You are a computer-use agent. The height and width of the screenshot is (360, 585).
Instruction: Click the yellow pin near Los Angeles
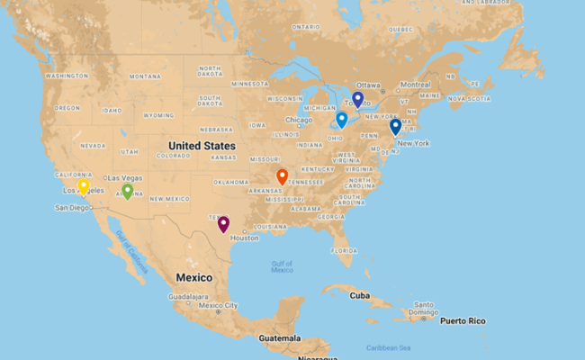pos(84,186)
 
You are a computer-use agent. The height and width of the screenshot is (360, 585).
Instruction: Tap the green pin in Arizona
pos(127,191)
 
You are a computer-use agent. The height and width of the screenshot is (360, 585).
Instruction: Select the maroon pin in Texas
pos(223,223)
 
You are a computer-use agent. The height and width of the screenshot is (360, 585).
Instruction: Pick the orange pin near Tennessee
pos(283,176)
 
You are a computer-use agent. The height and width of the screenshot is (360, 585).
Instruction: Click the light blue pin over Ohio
pos(342,119)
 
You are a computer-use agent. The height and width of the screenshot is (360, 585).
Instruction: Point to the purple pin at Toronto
pos(357,98)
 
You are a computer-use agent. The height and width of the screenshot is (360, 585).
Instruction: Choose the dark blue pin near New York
pos(395,127)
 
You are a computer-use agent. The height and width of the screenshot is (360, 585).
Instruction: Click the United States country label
pos(202,145)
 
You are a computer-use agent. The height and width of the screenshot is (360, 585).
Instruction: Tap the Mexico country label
pos(193,277)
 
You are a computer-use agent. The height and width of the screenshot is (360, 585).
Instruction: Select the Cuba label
pos(360,295)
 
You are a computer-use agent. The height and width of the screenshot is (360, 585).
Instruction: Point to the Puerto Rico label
pos(463,320)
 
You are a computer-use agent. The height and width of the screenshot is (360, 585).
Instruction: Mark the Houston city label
pos(244,238)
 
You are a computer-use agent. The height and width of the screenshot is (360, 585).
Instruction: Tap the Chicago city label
pos(299,120)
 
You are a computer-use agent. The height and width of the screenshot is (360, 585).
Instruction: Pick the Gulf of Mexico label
pos(282,266)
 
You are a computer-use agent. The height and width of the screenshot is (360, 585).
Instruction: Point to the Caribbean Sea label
pos(389,347)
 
